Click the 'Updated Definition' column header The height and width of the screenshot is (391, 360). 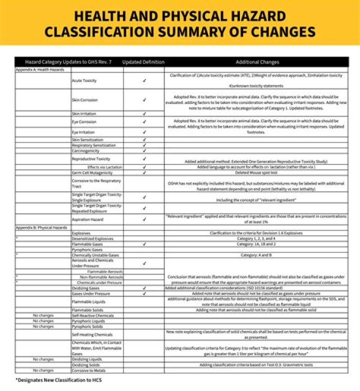(143, 62)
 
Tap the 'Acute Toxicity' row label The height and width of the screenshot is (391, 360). (84, 80)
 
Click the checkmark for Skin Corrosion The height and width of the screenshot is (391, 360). (144, 99)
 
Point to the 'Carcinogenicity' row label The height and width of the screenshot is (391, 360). (85, 150)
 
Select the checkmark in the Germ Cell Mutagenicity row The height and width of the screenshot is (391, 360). (144, 172)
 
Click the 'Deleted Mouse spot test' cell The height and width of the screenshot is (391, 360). (256, 172)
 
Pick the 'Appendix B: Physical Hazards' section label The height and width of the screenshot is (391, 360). (41, 227)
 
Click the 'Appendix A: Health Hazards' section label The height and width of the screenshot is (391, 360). (40, 69)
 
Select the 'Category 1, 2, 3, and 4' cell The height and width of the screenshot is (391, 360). (256, 238)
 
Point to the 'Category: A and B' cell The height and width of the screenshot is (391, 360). (256, 254)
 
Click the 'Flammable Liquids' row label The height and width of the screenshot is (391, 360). (88, 301)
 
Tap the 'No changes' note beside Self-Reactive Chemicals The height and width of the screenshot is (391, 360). (43, 315)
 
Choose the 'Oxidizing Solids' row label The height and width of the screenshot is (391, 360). (86, 365)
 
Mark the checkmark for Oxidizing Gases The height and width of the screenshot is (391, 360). (144, 288)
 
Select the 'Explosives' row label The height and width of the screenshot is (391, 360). (81, 233)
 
